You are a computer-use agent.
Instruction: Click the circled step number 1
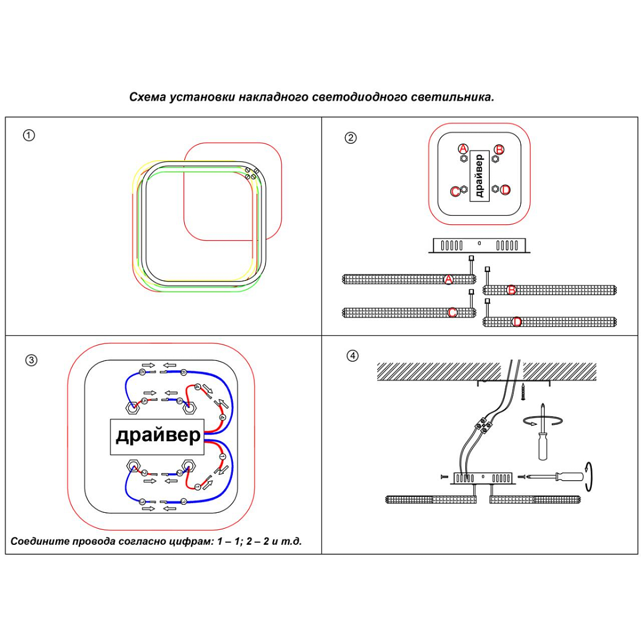[29, 135]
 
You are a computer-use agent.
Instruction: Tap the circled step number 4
[353, 356]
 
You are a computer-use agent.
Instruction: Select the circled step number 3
[32, 360]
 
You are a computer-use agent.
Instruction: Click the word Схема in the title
[147, 97]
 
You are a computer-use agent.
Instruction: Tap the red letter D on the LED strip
[517, 322]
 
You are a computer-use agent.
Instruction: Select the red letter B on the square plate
[499, 149]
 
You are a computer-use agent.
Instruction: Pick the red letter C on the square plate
[455, 191]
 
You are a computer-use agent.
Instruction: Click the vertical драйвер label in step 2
[479, 176]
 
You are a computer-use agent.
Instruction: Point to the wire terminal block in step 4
[482, 425]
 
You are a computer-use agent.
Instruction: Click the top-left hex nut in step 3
[132, 409]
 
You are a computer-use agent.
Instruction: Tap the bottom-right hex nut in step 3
[188, 465]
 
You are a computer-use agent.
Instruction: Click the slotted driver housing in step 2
[479, 245]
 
